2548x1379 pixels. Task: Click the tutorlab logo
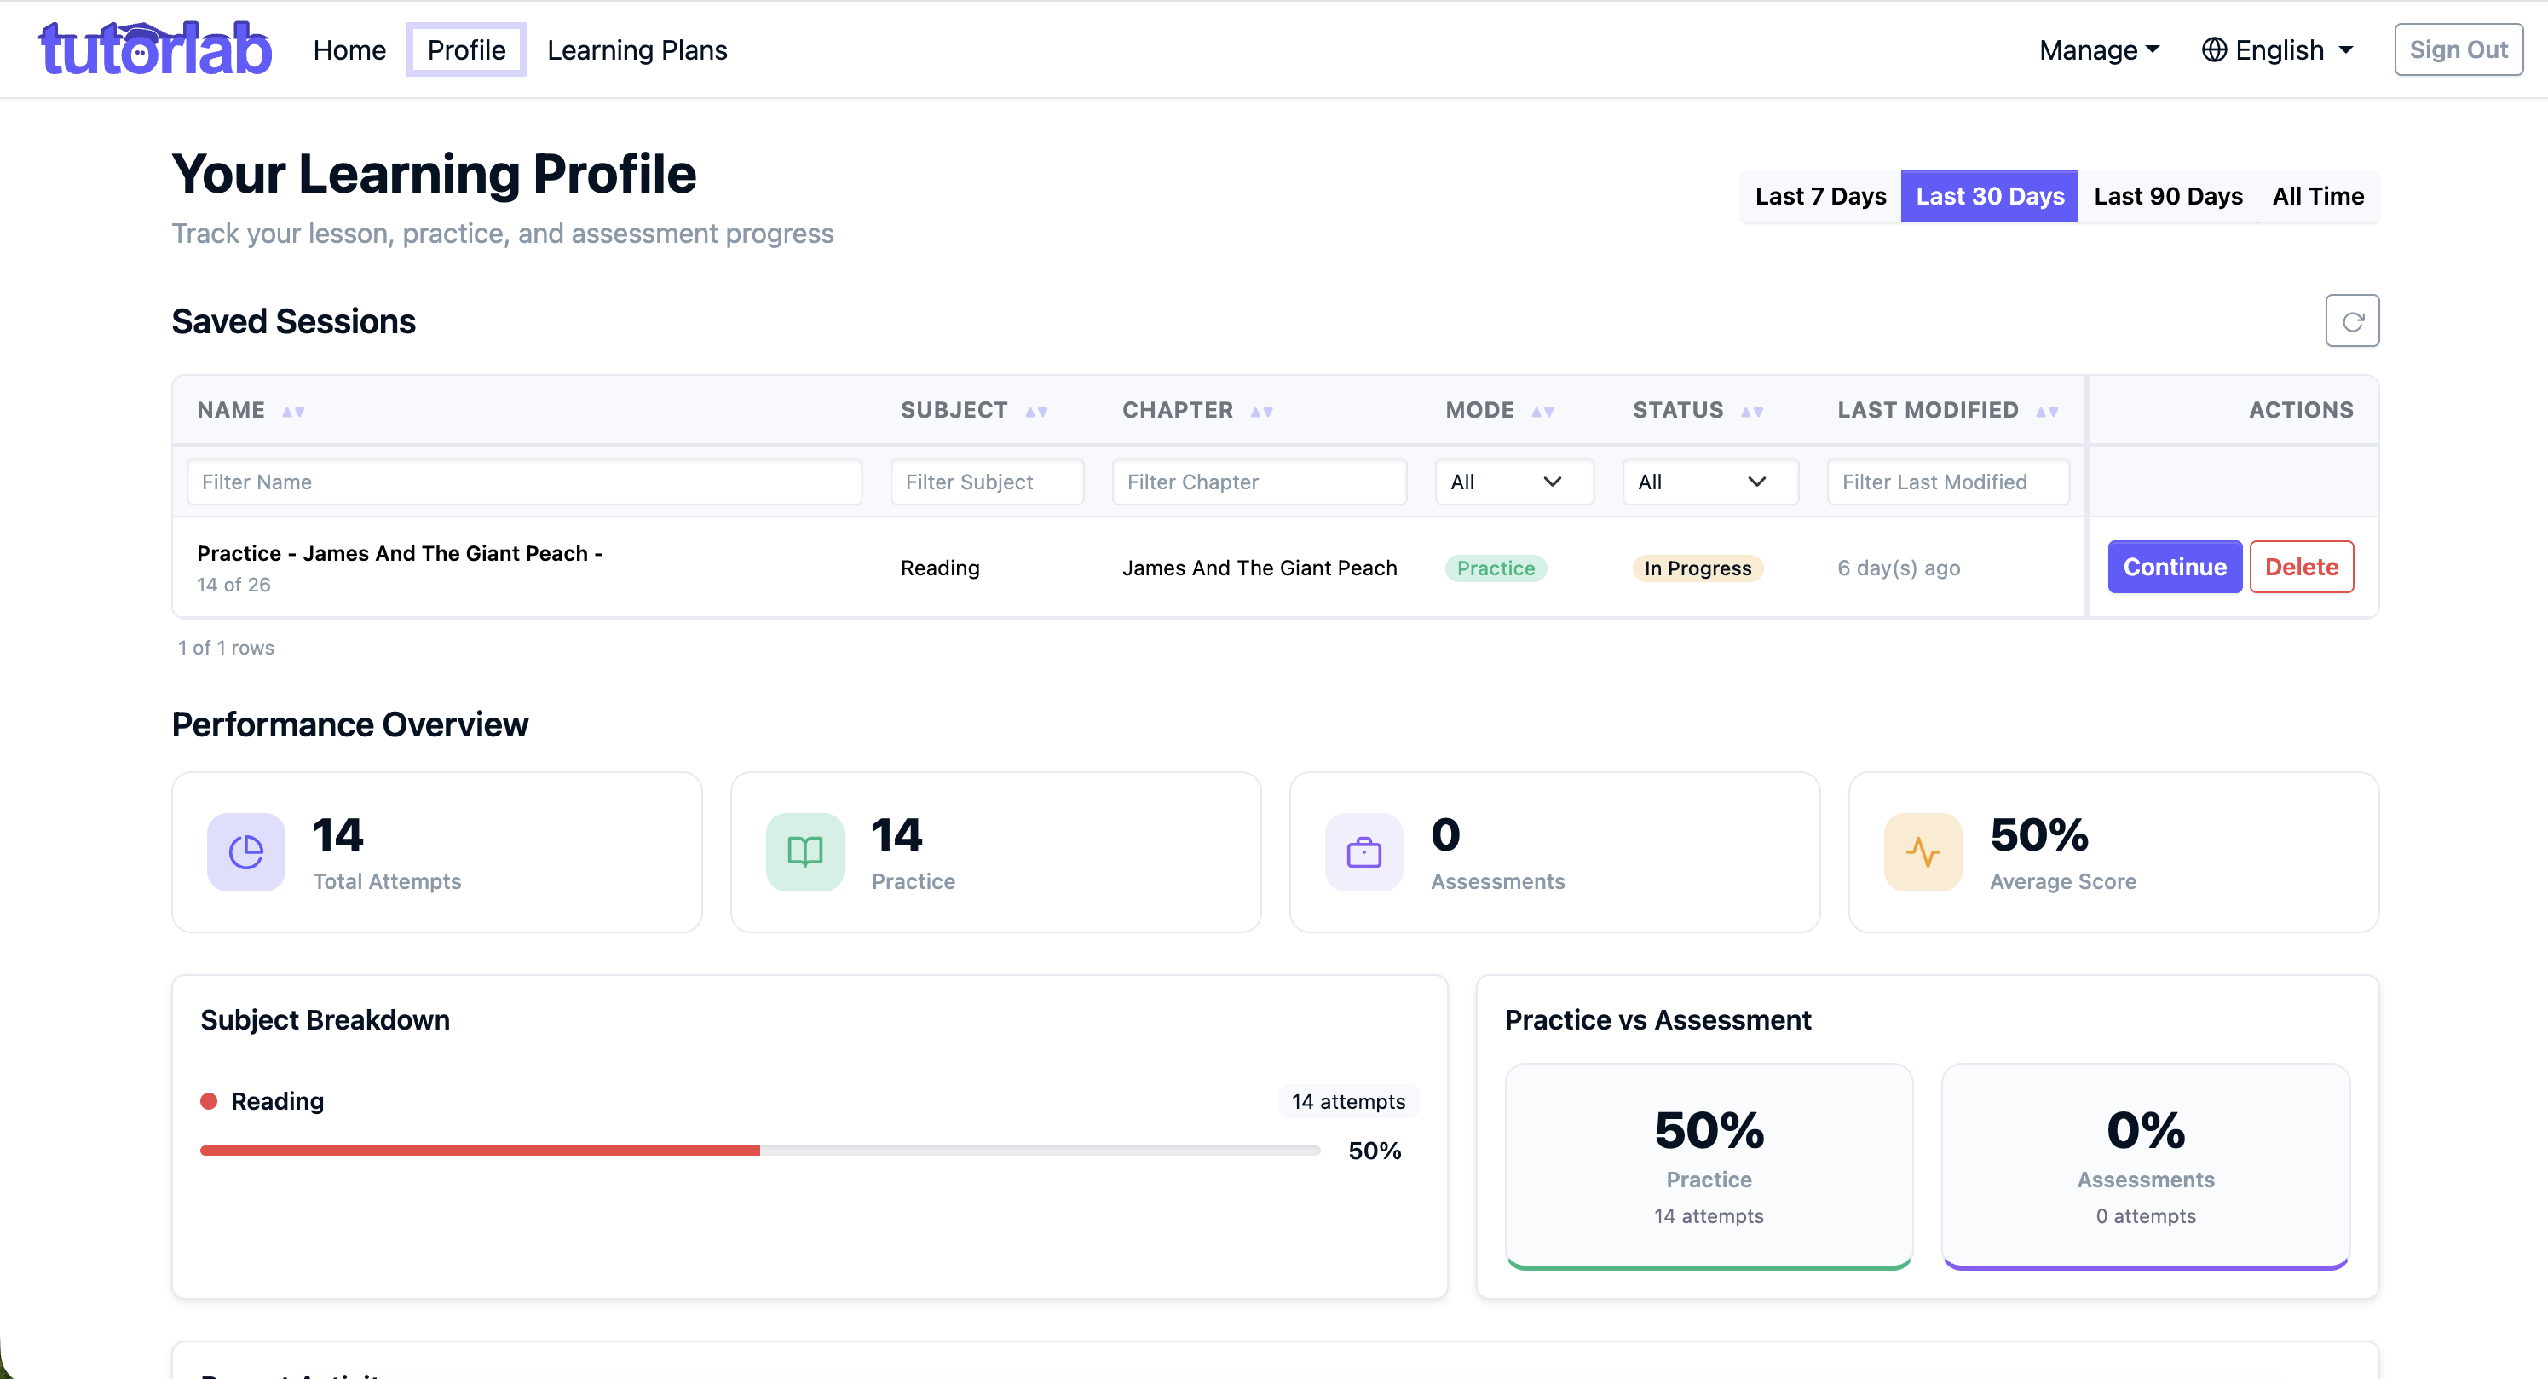coord(155,49)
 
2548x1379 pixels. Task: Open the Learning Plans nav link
coord(637,49)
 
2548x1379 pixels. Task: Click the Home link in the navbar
coord(349,49)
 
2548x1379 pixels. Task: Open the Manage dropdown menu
coord(2099,49)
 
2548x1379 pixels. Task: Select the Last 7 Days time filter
coord(1820,196)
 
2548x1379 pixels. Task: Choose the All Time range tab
coord(2318,196)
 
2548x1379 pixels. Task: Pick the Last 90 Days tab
coord(2167,196)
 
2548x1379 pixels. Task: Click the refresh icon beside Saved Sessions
coord(2352,320)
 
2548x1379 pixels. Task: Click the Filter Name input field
coord(524,482)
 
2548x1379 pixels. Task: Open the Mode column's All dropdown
coord(1514,482)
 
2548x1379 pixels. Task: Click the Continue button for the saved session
coord(2174,567)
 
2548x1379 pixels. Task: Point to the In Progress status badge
coord(1698,568)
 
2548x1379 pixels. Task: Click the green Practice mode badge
coord(1496,568)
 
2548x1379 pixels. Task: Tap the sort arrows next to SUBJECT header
coord(1035,412)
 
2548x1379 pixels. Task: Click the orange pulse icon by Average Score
coord(1923,851)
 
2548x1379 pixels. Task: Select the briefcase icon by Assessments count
coord(1364,851)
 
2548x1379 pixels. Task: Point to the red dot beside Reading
coord(209,1101)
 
